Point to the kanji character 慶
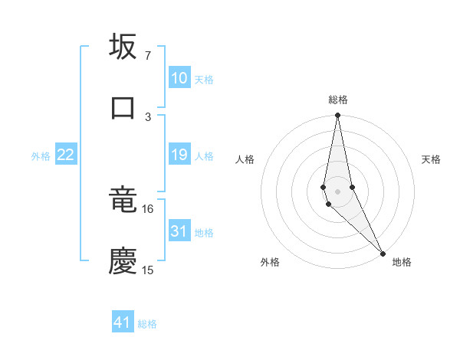click(123, 261)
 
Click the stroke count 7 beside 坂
click(147, 56)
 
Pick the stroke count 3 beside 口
click(147, 116)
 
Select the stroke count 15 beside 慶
click(147, 270)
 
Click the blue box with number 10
click(179, 78)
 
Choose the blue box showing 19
click(179, 155)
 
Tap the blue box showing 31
click(179, 231)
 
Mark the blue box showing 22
click(66, 155)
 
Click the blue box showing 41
click(123, 322)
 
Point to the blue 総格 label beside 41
click(147, 324)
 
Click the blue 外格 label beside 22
click(41, 156)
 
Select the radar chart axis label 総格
click(338, 100)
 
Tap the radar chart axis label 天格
click(431, 159)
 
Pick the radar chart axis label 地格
click(402, 262)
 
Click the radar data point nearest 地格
click(382, 253)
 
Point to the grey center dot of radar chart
click(337, 191)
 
